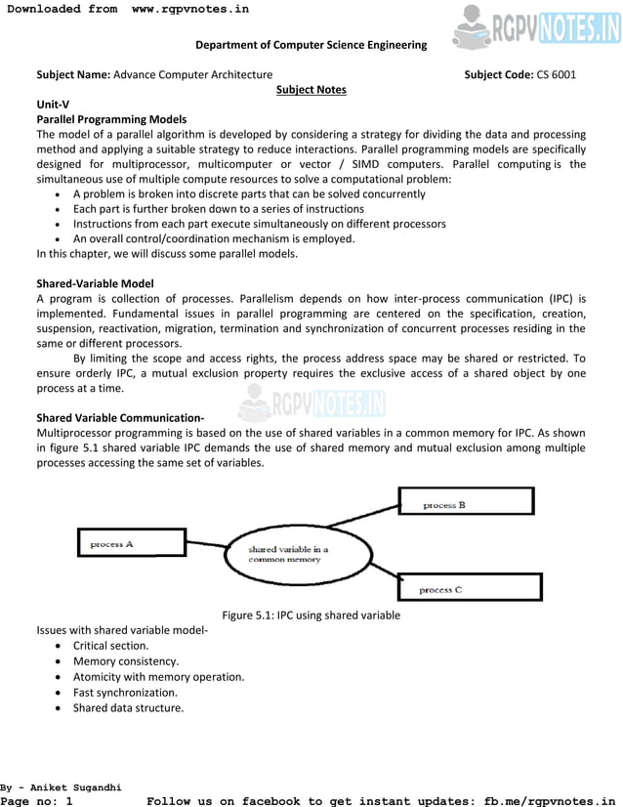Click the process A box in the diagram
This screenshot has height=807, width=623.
point(132,542)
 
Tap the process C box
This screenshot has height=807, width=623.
point(470,587)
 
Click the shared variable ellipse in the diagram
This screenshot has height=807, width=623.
point(299,554)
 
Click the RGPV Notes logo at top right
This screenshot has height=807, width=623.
point(536,26)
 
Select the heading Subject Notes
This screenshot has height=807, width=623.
point(311,90)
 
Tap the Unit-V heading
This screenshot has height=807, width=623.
point(53,105)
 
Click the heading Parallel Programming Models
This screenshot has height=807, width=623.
point(111,119)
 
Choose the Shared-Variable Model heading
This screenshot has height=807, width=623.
point(95,283)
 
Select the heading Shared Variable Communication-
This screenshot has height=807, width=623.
point(120,418)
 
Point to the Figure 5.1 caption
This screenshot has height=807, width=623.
point(311,616)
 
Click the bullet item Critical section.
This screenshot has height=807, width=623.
point(111,646)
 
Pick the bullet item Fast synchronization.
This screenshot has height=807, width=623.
point(125,693)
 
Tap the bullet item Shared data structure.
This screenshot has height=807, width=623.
point(128,708)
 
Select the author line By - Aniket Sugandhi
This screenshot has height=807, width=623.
point(61,786)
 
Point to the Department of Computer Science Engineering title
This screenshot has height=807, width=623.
point(311,45)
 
